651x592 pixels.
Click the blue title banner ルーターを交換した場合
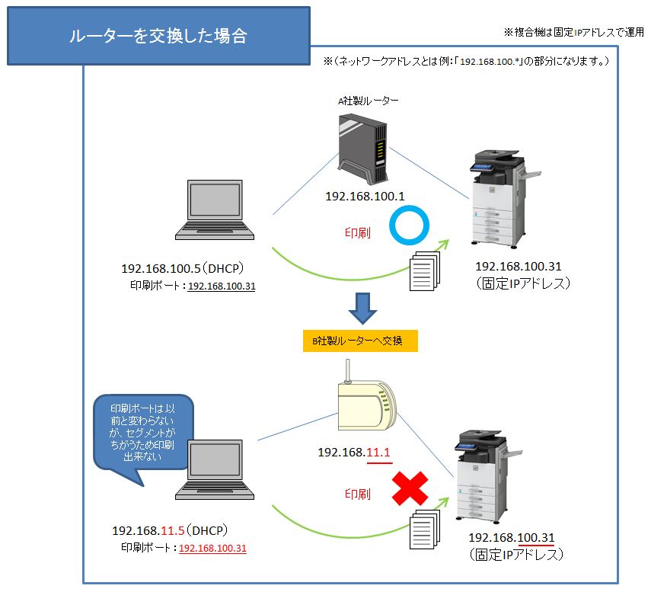click(x=158, y=36)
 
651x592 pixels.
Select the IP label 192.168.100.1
click(x=365, y=197)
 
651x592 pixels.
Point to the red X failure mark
click(x=410, y=489)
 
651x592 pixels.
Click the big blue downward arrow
click(x=363, y=308)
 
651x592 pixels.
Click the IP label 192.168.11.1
click(x=354, y=453)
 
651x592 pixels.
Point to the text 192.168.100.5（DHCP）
click(x=182, y=269)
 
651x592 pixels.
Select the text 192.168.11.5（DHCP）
click(x=171, y=530)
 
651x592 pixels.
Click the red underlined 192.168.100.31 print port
click(x=212, y=548)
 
